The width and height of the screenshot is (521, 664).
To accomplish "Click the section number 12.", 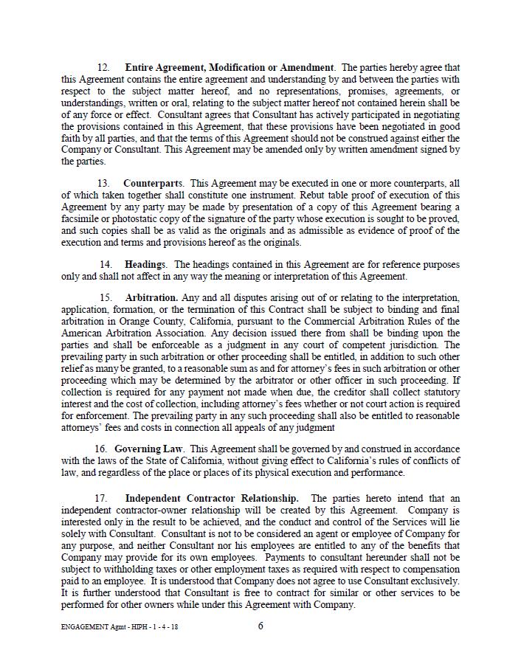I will (103, 68).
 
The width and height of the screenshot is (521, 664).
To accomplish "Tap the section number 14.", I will (106, 264).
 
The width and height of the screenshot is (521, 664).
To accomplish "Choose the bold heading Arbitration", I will (151, 298).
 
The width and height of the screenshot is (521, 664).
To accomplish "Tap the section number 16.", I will (100, 449).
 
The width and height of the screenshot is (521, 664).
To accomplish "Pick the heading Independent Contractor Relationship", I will (212, 499).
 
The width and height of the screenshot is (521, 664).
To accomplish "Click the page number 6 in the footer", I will (260, 626).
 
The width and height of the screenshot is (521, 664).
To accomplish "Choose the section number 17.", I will (103, 499).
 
